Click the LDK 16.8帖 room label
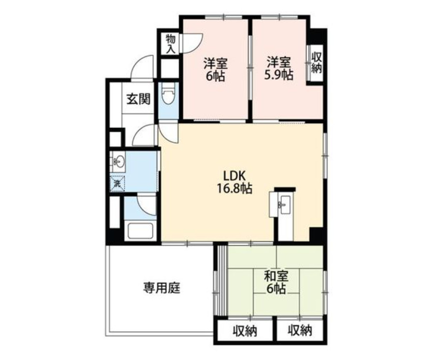tap(235, 181)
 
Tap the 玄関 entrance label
tap(139, 99)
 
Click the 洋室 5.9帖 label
tap(278, 69)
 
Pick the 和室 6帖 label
tap(276, 282)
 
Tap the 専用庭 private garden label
tap(162, 288)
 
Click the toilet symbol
tap(168, 94)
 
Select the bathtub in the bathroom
tap(140, 230)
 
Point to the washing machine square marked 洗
tap(117, 183)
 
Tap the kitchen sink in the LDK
tap(284, 204)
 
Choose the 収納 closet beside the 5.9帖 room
tap(316, 63)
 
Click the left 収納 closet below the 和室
tap(245, 331)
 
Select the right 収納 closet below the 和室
tap(300, 331)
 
